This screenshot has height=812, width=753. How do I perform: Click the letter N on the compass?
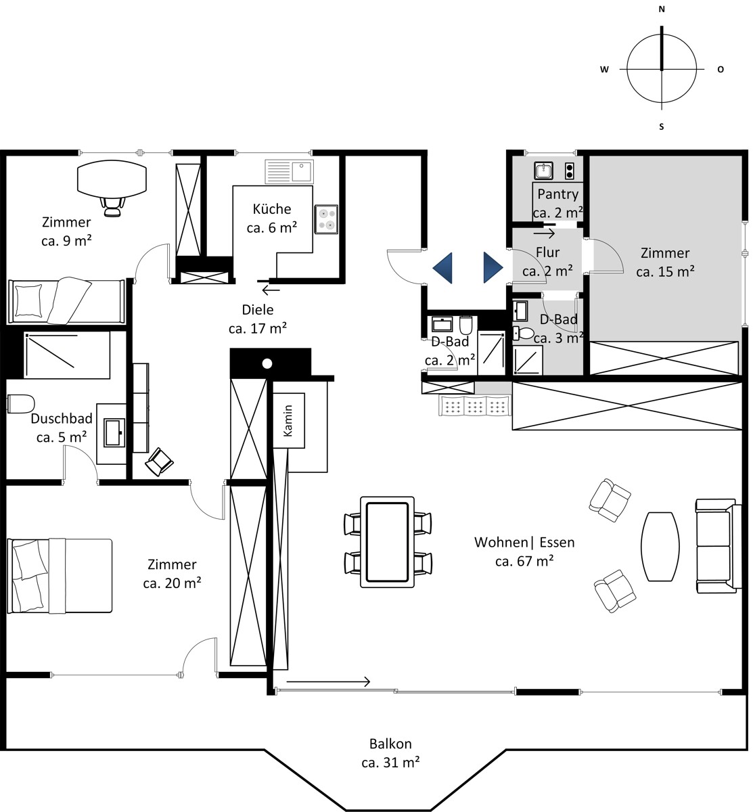click(662, 9)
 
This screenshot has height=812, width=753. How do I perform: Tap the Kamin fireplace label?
click(288, 420)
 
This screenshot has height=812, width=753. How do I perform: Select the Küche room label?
click(272, 209)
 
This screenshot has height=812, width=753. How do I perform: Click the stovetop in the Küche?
click(326, 219)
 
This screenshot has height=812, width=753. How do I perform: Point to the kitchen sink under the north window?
click(290, 172)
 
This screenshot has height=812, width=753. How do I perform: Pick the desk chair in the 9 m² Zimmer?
click(112, 207)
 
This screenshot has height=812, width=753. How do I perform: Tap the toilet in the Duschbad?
click(21, 404)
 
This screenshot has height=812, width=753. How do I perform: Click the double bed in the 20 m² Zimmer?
click(60, 576)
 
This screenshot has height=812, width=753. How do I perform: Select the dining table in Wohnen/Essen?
click(387, 542)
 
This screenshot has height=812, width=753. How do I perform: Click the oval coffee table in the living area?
click(660, 546)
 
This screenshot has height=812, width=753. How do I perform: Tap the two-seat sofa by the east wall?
click(718, 546)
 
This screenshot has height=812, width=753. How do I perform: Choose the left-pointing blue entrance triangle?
click(442, 268)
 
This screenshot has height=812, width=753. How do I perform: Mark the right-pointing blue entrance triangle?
click(493, 268)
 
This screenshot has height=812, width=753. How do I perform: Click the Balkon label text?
click(390, 744)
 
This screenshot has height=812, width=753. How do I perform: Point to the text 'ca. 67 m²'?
click(524, 561)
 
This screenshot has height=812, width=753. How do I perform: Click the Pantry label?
click(558, 194)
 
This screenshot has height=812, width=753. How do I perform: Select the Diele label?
click(258, 309)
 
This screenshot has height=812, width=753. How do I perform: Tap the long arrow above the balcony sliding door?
click(328, 681)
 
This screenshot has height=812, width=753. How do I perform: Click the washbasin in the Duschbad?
click(114, 432)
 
